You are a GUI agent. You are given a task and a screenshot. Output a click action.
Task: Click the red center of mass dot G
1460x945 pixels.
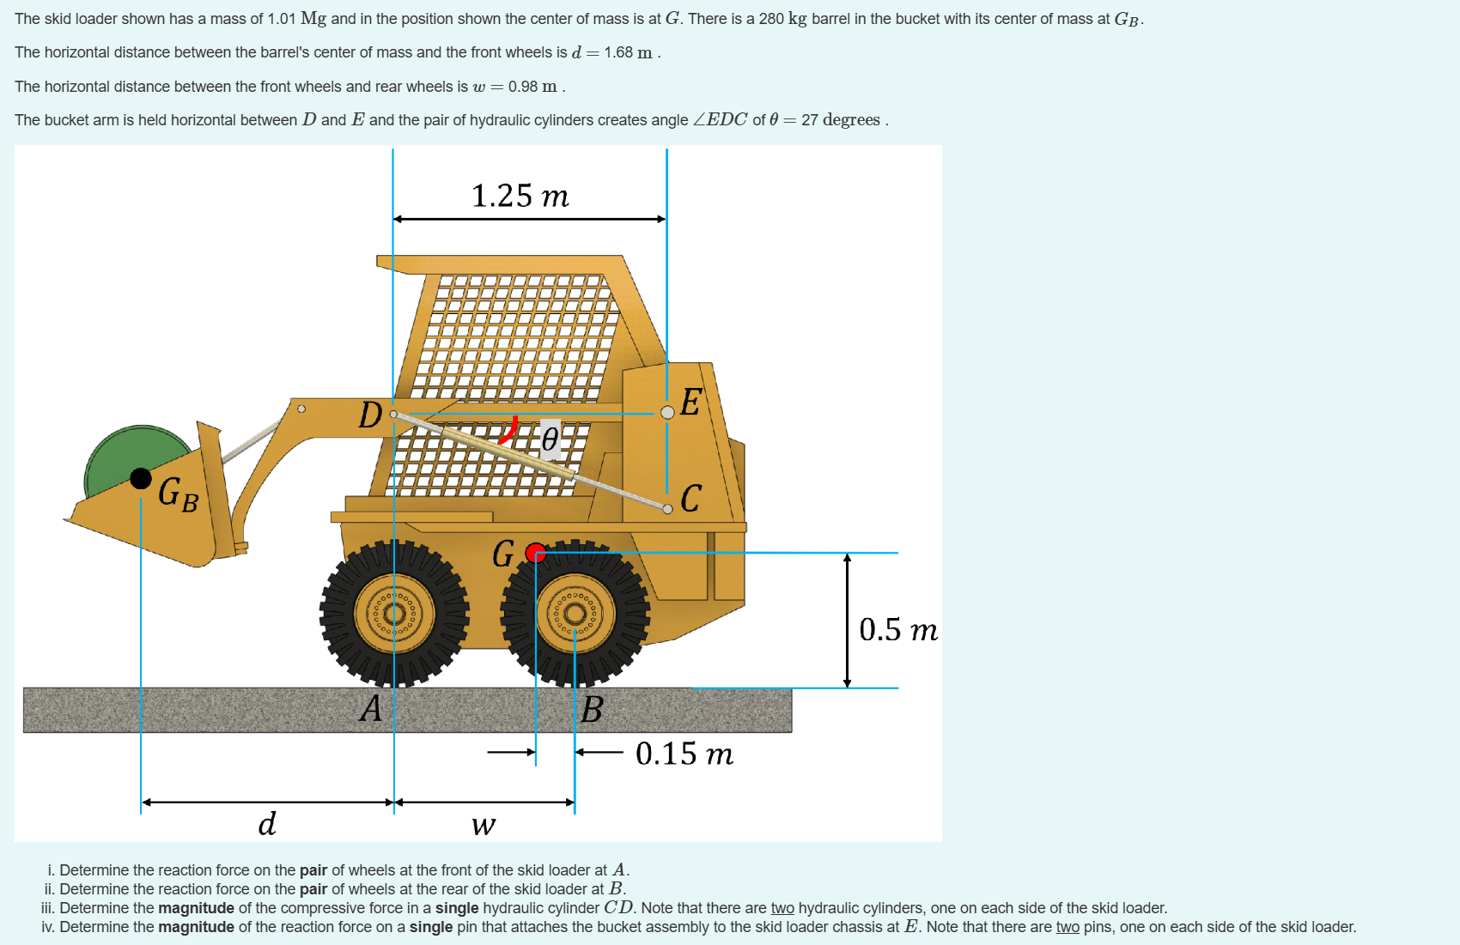[536, 553]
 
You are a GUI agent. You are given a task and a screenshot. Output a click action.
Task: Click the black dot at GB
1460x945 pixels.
[141, 478]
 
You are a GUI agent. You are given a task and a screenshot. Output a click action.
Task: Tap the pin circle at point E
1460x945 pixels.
[667, 413]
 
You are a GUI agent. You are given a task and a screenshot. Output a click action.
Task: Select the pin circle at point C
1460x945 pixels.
[667, 509]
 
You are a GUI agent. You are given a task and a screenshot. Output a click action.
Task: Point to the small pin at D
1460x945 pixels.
[393, 415]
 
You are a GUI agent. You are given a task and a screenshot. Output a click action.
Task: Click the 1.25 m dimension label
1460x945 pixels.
[520, 196]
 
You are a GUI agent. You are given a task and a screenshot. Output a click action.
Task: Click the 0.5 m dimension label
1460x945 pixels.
[897, 629]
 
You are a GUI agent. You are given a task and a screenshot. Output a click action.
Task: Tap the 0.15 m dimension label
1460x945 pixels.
[684, 754]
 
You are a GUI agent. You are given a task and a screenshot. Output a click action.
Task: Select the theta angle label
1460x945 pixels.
[550, 439]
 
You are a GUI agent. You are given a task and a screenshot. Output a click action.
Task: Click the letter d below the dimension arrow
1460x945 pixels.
[267, 823]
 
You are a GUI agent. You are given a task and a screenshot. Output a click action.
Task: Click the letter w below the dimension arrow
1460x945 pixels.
[483, 826]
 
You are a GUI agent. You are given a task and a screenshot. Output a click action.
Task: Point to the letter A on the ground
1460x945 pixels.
[371, 708]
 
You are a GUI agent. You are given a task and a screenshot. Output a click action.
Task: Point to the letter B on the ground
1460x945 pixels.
[592, 710]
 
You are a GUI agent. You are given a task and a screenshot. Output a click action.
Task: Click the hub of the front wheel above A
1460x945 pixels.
[395, 613]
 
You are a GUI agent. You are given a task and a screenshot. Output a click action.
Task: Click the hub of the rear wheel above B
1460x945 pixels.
[575, 613]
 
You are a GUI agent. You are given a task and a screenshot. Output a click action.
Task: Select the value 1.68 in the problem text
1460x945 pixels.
[617, 52]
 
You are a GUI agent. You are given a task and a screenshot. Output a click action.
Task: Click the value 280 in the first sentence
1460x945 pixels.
[770, 19]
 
